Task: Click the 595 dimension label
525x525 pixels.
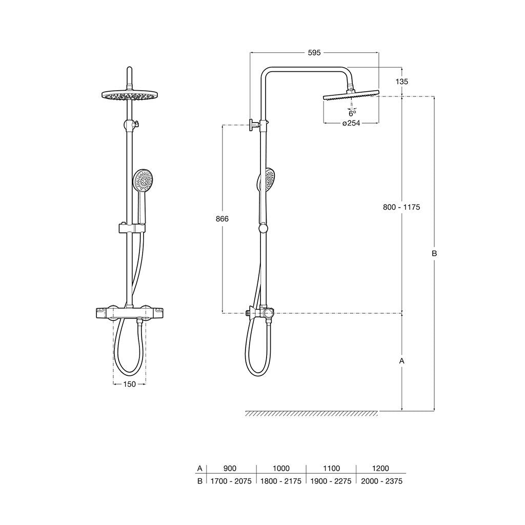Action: point(314,53)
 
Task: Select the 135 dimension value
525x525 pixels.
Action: point(401,82)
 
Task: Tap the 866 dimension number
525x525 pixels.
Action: point(222,218)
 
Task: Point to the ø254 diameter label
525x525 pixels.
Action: point(351,123)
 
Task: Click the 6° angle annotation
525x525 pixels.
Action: point(352,113)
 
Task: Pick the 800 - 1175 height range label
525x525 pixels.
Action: point(401,207)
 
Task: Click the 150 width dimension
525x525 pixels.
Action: point(129,384)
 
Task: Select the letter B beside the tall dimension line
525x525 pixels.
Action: point(434,253)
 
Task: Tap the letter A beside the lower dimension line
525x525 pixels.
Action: point(402,361)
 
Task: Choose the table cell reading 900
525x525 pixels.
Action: point(230,468)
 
